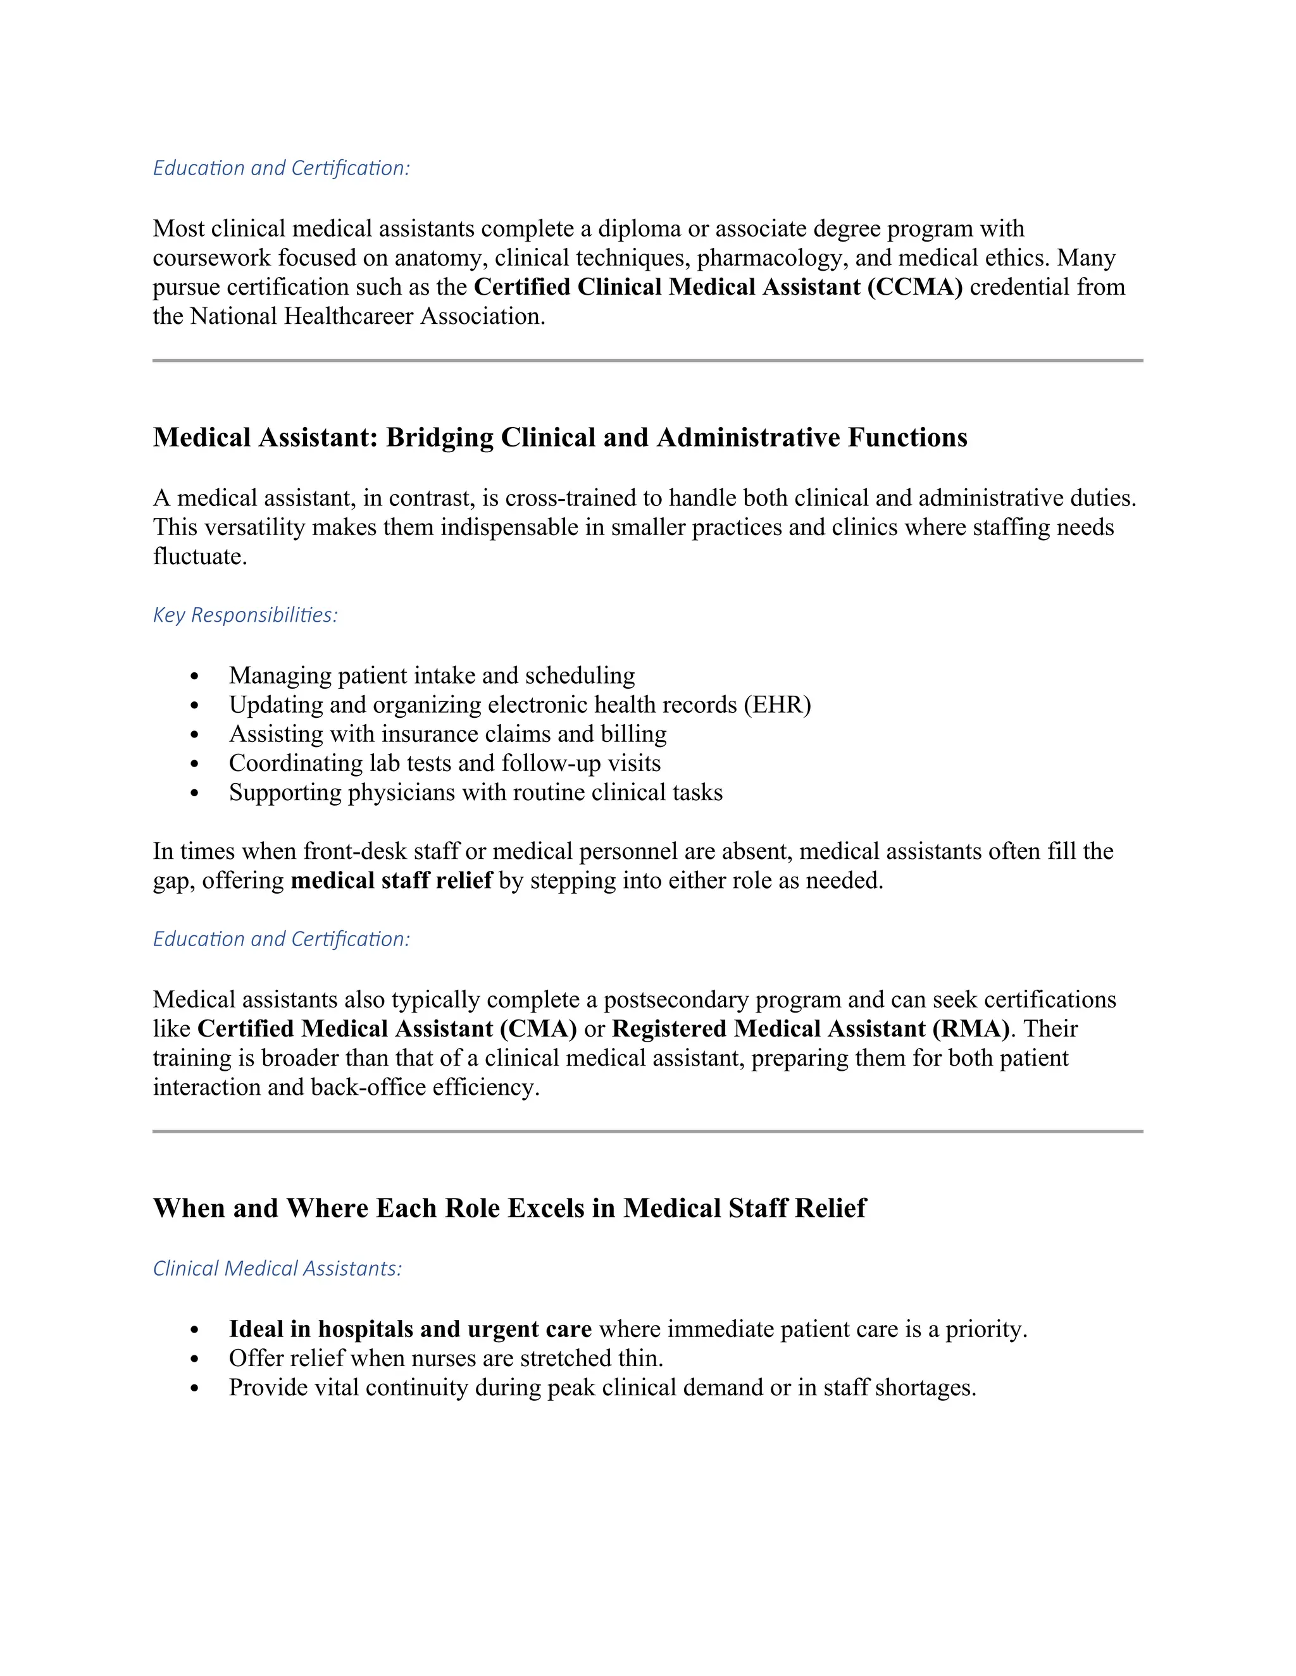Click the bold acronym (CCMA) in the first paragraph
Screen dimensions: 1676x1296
915,287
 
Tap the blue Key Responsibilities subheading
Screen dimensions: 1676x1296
245,615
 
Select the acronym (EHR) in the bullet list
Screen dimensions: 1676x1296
777,705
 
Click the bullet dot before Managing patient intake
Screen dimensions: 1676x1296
194,676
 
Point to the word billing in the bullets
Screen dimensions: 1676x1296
633,734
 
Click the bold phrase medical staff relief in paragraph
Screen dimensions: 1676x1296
391,880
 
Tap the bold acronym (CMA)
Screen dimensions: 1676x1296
539,1028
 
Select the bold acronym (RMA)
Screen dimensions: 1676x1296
971,1028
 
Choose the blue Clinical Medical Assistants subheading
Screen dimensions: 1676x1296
277,1269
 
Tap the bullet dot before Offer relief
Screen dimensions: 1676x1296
194,1359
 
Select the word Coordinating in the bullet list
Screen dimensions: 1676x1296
296,763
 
